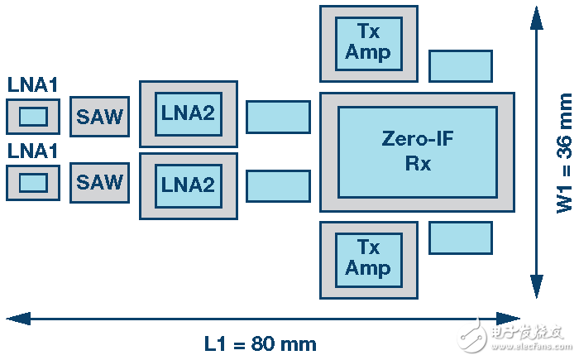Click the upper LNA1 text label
tap(32, 84)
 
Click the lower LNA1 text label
tap(32, 151)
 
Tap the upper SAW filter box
tap(100, 117)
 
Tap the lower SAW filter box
tap(100, 183)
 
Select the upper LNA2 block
tap(189, 114)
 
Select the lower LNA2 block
tap(189, 186)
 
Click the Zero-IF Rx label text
tap(418, 151)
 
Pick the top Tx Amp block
tap(369, 44)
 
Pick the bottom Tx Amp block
tap(369, 260)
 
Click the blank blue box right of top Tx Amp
tap(461, 66)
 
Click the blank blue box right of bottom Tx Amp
tap(461, 238)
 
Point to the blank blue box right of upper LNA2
tap(278, 117)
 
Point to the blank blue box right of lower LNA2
tap(278, 186)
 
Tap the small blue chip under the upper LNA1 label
tap(33, 117)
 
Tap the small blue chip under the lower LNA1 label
tap(33, 183)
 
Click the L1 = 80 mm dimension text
tap(261, 344)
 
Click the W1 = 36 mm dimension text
tap(564, 153)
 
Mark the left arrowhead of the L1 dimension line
tap(18, 319)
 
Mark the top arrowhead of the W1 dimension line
tap(537, 17)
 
